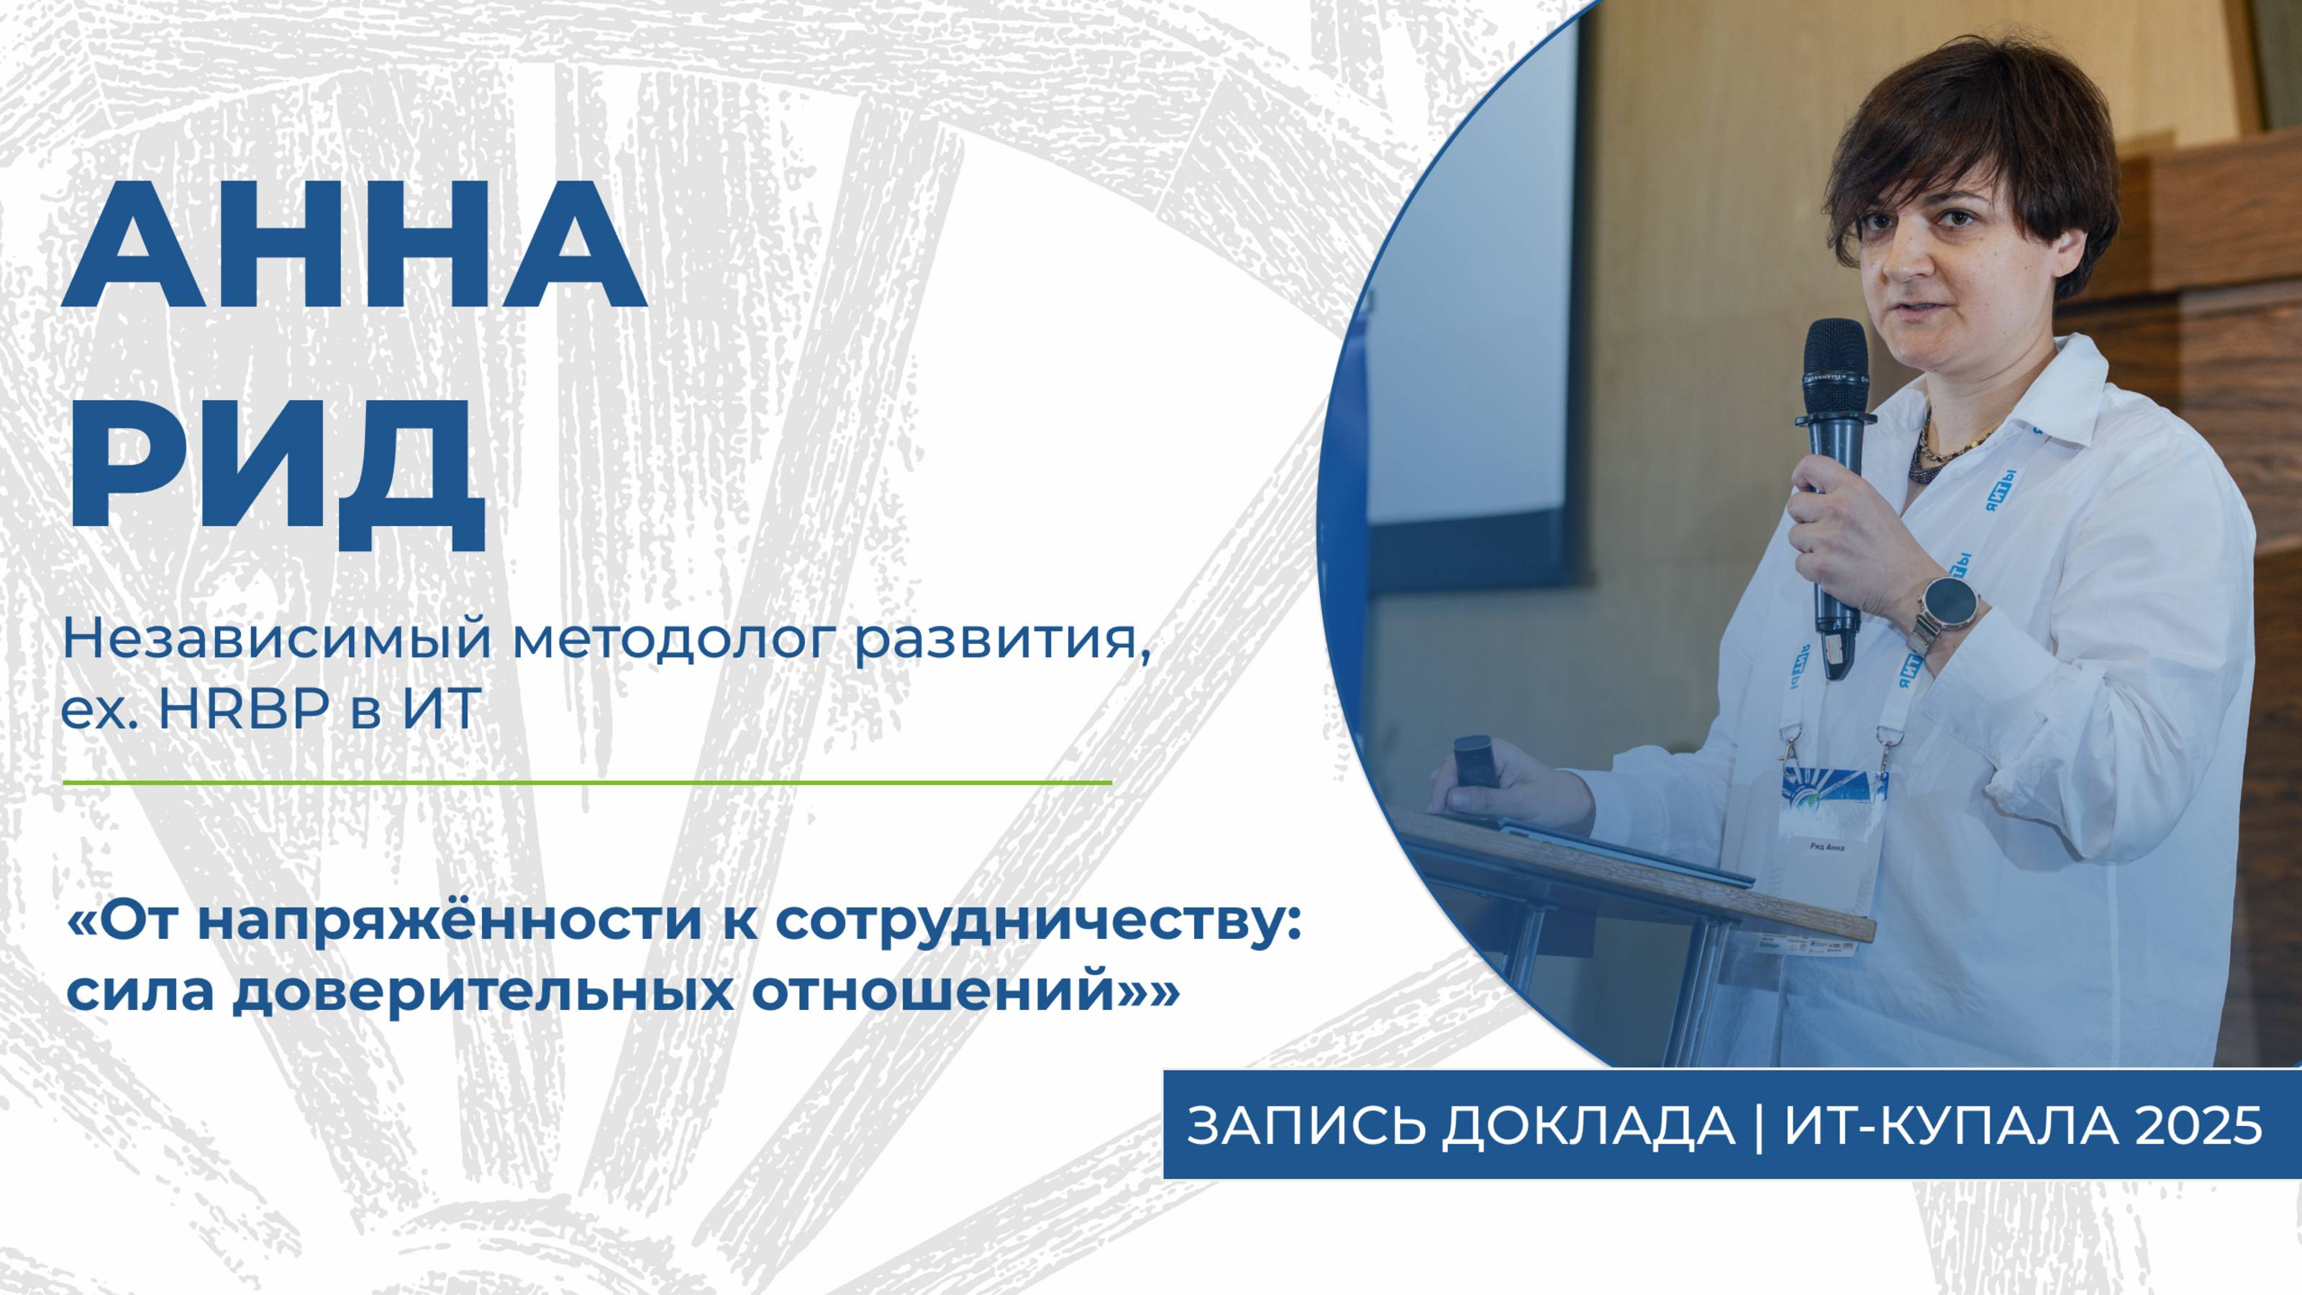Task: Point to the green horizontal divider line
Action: [x=586, y=782]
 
